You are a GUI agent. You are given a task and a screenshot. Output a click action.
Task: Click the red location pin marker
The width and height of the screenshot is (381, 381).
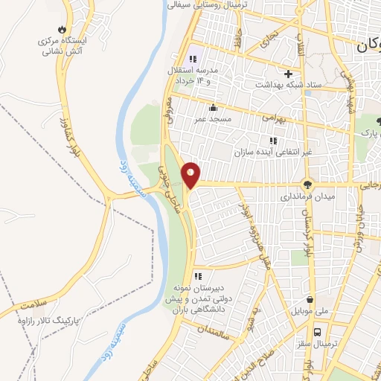(192, 176)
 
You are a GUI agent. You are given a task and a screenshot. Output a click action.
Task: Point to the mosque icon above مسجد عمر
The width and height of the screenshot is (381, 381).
(214, 106)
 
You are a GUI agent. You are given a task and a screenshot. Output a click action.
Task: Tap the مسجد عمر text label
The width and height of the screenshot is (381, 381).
(215, 118)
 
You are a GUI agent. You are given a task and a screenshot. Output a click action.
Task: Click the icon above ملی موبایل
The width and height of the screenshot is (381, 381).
(307, 297)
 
